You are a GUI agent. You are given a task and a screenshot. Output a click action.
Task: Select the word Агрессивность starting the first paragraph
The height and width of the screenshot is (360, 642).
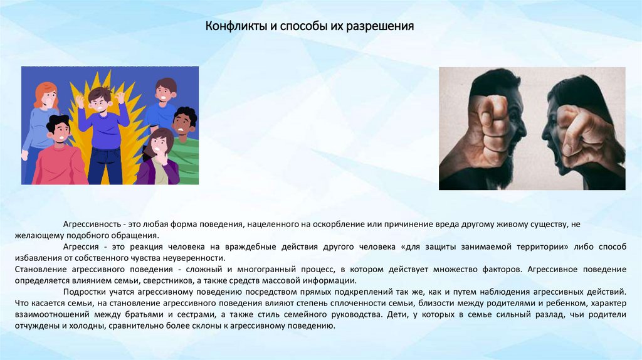pos(91,224)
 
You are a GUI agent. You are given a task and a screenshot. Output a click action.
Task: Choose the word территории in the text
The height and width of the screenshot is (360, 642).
pos(537,247)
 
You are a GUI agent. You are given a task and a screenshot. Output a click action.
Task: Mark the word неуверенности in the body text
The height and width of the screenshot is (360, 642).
pos(194,258)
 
